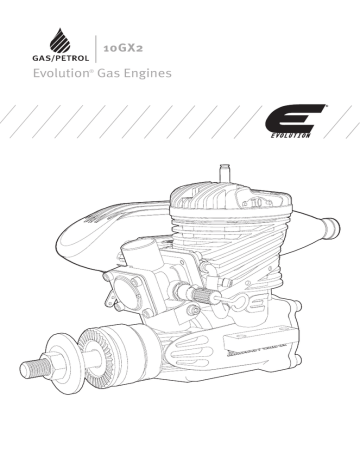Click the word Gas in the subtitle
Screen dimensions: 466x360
coord(111,76)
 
